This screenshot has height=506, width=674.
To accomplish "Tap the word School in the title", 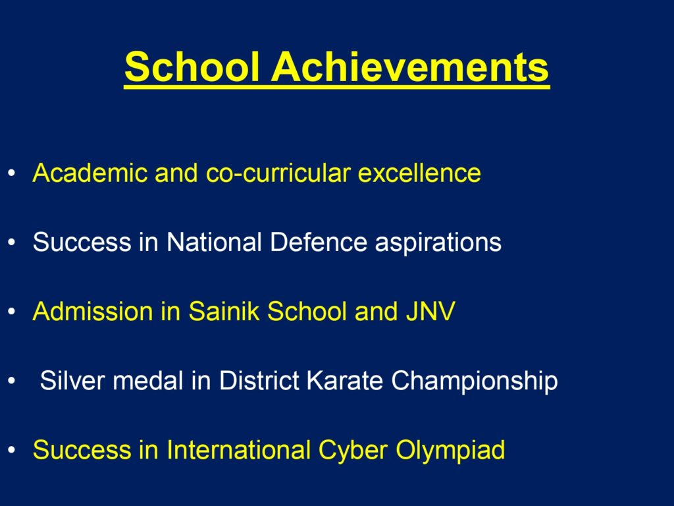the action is click(x=192, y=67).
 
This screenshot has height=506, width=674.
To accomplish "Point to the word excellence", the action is click(x=419, y=173).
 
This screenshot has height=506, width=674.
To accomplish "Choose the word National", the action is click(x=214, y=242).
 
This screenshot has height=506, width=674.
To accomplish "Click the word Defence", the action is click(x=319, y=242).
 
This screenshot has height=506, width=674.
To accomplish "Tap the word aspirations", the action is click(x=438, y=243).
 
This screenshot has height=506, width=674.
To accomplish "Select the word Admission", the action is click(x=93, y=311).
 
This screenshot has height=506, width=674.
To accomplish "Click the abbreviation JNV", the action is click(x=430, y=311).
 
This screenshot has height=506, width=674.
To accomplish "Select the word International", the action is click(x=238, y=450).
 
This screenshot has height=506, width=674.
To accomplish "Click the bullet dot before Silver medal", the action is click(x=12, y=381).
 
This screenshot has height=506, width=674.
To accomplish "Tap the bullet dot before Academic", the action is click(x=12, y=173).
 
